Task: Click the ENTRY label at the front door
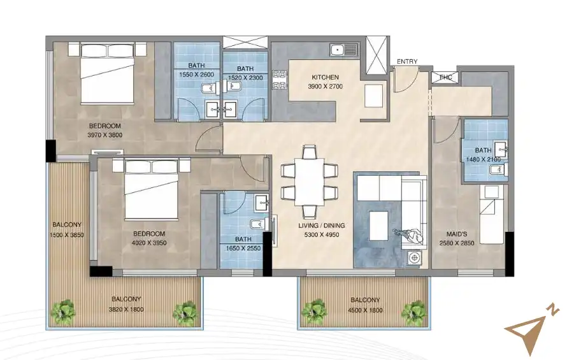click(407, 62)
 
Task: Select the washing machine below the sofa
click(415, 257)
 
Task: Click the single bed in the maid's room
click(491, 214)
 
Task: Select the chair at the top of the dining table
click(309, 152)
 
